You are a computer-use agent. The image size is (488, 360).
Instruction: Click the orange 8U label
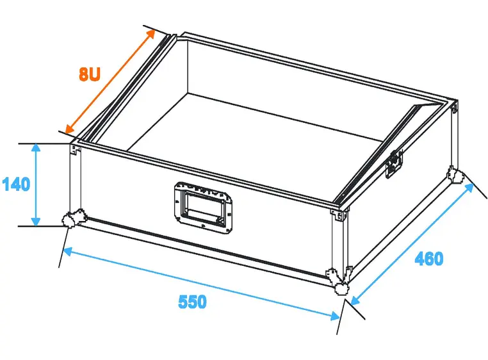pos(89,74)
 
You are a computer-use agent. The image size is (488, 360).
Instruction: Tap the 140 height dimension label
pos(16,184)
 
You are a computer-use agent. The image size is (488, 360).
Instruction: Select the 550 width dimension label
pos(192,302)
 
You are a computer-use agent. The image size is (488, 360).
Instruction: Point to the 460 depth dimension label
pos(429,259)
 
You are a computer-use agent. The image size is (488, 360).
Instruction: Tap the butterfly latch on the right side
pos(394,163)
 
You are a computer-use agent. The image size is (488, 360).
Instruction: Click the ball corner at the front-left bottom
pos(74,218)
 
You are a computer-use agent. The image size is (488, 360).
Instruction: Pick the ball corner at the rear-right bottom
pos(455,176)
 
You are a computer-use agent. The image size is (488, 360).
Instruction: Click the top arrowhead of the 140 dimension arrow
pos(36,147)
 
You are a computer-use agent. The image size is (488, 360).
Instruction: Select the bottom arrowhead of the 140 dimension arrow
pos(36,222)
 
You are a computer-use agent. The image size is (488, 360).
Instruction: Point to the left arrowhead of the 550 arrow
pos(67,251)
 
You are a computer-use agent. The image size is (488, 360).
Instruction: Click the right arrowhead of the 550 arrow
pos(335,316)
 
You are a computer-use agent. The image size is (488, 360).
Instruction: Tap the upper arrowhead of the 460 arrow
pos(469,188)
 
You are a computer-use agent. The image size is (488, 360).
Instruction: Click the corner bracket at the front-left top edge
pos(75,149)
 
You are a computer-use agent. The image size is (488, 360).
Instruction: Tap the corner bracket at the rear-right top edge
pos(455,106)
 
